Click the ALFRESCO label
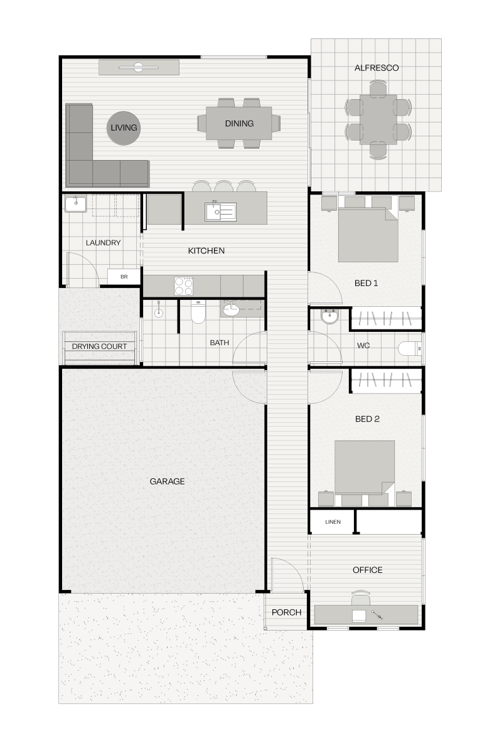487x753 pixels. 377,68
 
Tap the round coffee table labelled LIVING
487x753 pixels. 124,128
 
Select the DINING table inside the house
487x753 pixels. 238,123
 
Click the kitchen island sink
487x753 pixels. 220,211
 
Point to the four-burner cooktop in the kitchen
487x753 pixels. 183,286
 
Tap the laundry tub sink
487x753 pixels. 75,204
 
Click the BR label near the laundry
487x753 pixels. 124,277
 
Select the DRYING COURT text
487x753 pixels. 99,346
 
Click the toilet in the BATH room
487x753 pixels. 198,311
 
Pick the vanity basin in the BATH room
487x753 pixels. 231,310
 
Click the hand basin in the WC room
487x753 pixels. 329,317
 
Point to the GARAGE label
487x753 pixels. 167,481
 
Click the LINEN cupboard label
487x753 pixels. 333,521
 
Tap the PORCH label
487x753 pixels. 286,612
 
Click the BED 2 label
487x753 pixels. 367,419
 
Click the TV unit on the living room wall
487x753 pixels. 139,67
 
